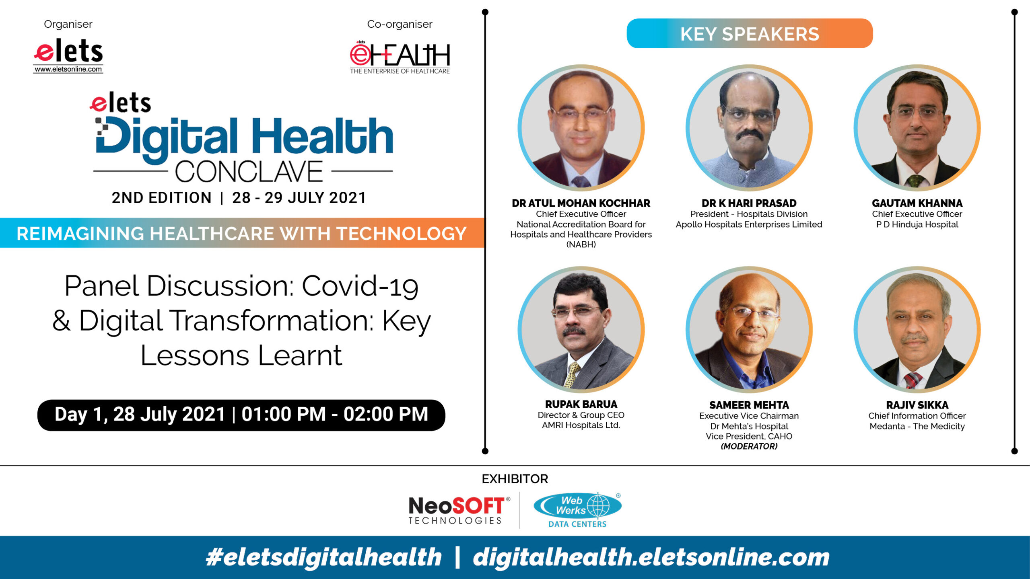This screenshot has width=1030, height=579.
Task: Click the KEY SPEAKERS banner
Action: click(750, 34)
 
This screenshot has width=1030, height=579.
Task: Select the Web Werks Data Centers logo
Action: click(577, 510)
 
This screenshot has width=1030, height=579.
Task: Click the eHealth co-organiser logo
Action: click(400, 57)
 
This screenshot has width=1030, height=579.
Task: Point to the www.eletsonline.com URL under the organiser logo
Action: click(68, 69)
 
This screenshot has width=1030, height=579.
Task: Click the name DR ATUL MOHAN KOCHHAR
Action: click(581, 203)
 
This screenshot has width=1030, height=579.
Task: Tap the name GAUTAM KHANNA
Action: click(917, 203)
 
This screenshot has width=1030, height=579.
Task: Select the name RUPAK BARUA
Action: click(581, 404)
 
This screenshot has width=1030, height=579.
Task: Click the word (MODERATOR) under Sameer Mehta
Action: click(749, 446)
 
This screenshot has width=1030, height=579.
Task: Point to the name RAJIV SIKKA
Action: click(917, 405)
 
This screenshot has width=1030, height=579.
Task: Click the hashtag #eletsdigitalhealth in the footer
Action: click(323, 557)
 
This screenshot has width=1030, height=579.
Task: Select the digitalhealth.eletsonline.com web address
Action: click(651, 557)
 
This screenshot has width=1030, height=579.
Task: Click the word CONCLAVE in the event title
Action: click(249, 172)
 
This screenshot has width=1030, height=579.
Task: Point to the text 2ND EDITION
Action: click(161, 198)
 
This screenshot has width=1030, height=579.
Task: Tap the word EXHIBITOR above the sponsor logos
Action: click(515, 479)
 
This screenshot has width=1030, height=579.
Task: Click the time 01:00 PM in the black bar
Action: click(283, 414)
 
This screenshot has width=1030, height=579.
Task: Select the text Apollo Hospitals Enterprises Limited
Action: click(749, 224)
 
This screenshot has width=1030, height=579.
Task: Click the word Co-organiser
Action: click(400, 24)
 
